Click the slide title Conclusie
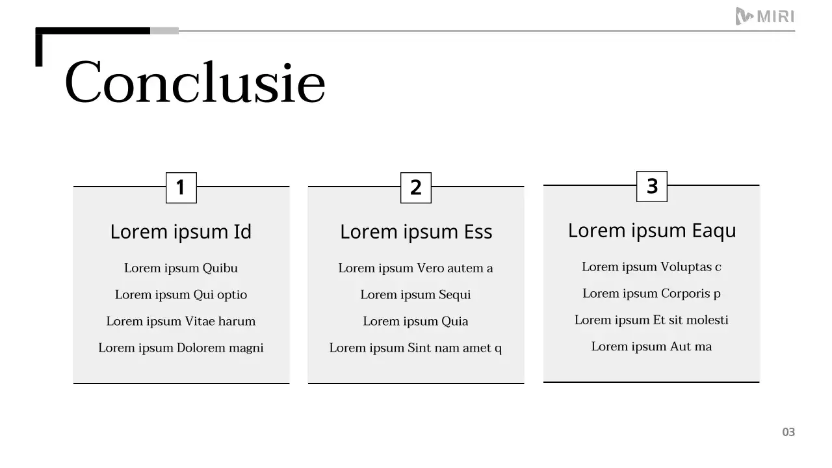click(195, 83)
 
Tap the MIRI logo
click(764, 16)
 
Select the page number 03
click(788, 432)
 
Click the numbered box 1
click(181, 188)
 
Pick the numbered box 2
click(416, 188)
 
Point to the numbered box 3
click(652, 187)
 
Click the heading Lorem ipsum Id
click(181, 232)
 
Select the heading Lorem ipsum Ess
click(416, 232)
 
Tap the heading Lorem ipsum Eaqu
click(652, 231)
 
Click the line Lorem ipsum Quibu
click(181, 268)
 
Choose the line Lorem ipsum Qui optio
click(181, 295)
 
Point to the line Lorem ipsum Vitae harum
click(181, 322)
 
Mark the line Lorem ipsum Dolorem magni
click(181, 348)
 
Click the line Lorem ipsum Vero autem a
click(416, 268)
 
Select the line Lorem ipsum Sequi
click(416, 295)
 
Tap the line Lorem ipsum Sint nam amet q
click(416, 348)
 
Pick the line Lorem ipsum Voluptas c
click(652, 267)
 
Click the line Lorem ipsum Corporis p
click(652, 294)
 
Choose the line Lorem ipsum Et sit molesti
click(652, 320)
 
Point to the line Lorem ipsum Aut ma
click(652, 347)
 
